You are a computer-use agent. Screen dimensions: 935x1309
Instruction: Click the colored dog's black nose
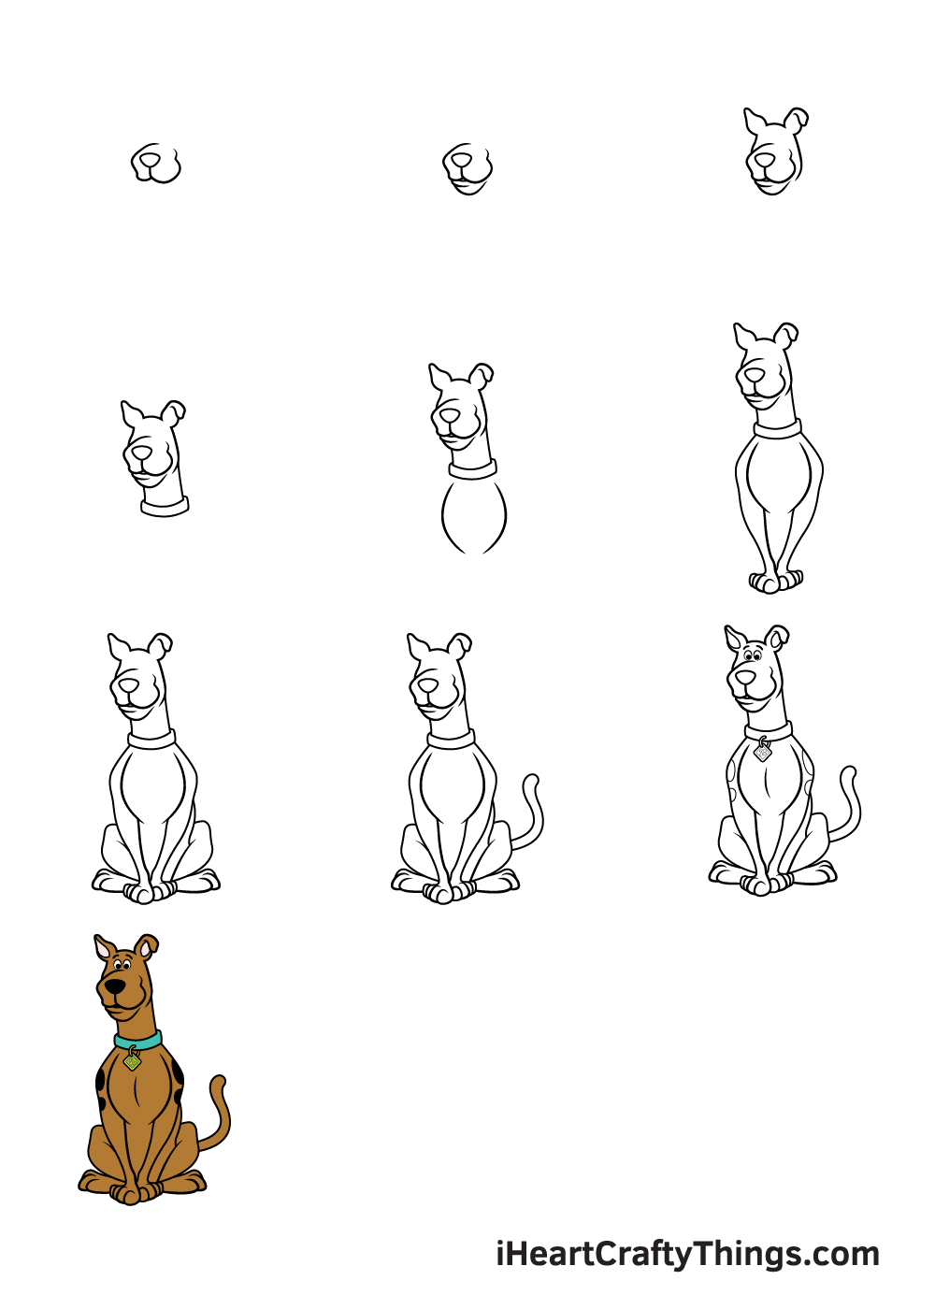[114, 986]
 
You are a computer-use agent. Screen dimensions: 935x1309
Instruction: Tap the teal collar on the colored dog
[138, 1040]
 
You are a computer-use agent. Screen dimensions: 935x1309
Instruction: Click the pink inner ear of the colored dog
[104, 949]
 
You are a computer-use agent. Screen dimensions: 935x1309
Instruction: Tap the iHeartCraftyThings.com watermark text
[687, 1254]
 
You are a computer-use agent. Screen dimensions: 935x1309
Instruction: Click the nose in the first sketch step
[149, 158]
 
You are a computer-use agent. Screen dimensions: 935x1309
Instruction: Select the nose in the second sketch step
[460, 160]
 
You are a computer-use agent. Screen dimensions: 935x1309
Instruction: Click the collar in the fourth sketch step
[165, 506]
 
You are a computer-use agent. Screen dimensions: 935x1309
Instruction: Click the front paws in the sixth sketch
[775, 581]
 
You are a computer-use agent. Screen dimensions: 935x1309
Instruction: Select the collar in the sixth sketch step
[777, 428]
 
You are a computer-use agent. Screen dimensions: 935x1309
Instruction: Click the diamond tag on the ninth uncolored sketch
[762, 752]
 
